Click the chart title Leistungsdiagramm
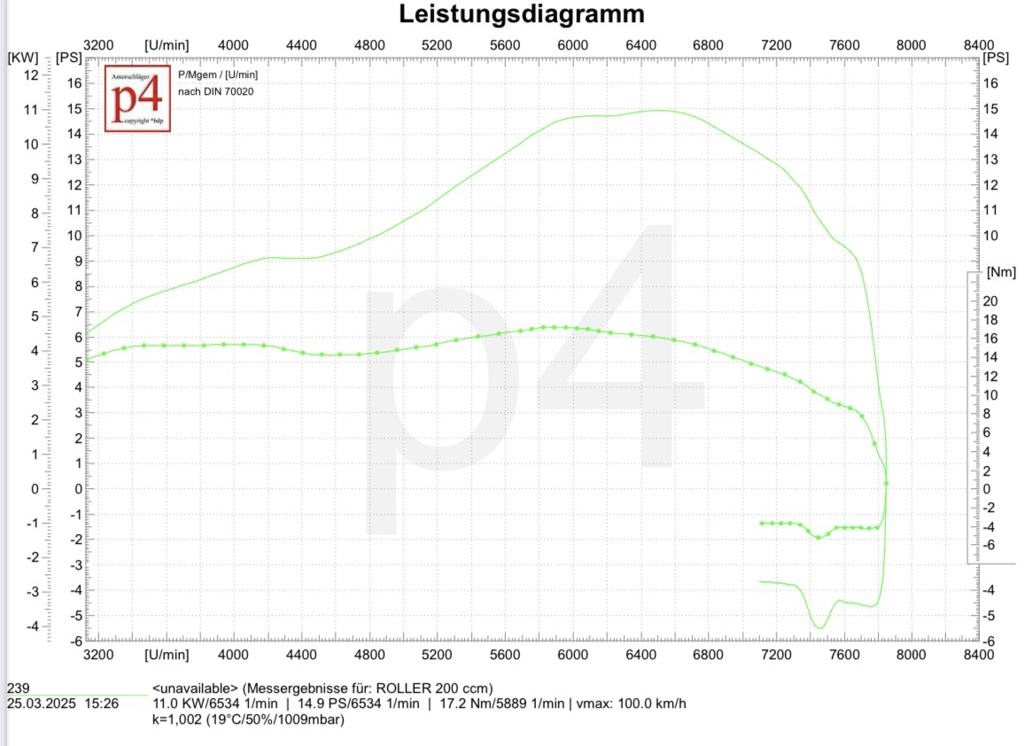click(x=521, y=15)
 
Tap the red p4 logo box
click(x=137, y=98)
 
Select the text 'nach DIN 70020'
click(x=210, y=91)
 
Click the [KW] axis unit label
click(x=23, y=58)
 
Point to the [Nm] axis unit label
click(x=1000, y=272)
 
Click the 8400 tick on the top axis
click(x=978, y=44)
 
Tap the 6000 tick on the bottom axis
click(x=573, y=655)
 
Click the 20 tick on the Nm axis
click(x=991, y=301)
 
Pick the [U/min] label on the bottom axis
click(x=167, y=655)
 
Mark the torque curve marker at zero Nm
click(x=886, y=484)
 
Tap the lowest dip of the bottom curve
click(x=819, y=628)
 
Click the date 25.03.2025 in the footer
click(x=42, y=704)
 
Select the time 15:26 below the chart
click(x=102, y=704)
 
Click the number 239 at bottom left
click(x=18, y=688)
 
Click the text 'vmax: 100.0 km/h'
click(x=631, y=704)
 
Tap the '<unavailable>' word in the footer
click(x=195, y=688)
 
